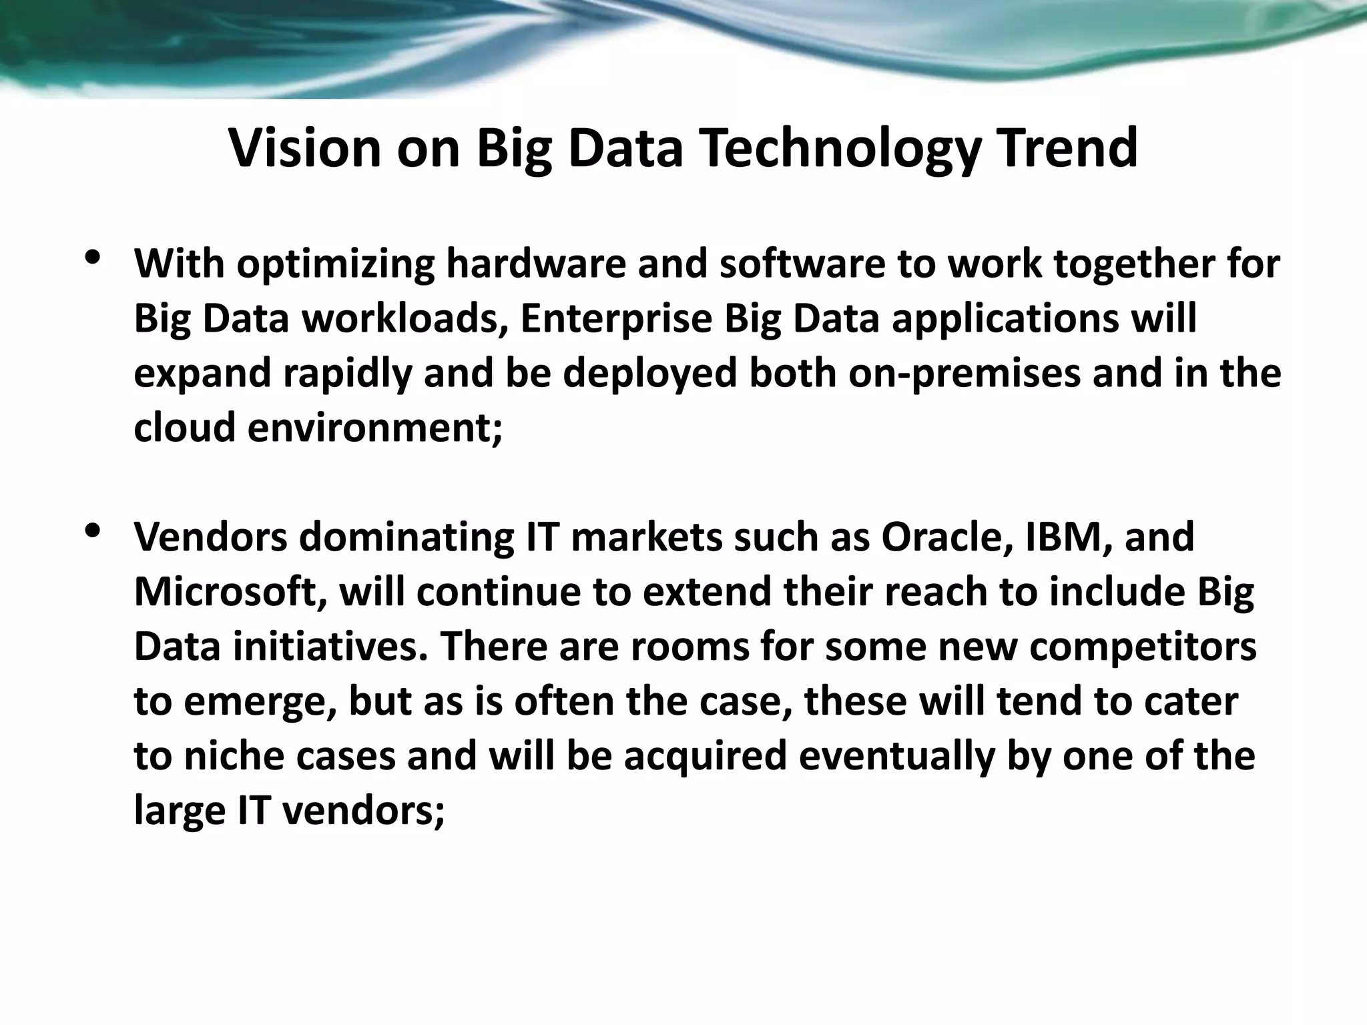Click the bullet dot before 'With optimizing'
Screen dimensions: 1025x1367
coord(93,258)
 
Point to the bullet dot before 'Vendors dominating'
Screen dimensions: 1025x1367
coord(93,531)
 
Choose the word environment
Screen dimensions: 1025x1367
coord(374,427)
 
